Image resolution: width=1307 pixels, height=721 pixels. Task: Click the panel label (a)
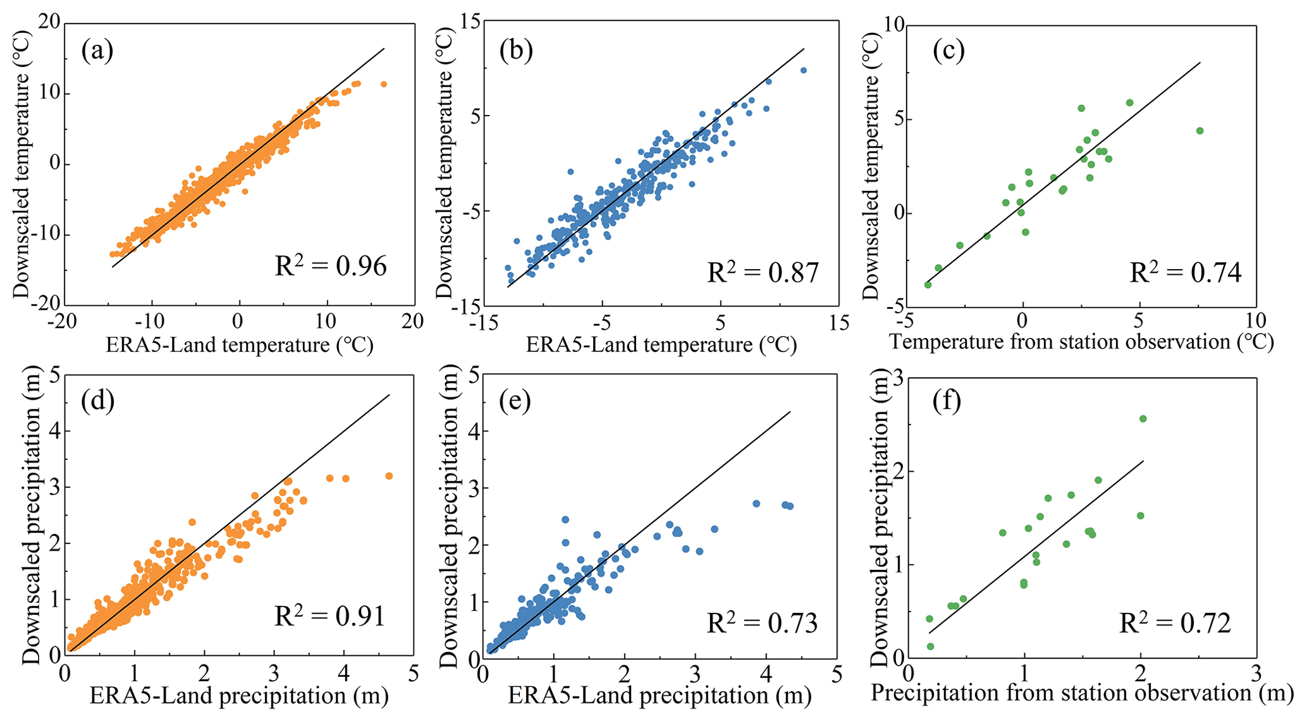tap(97, 51)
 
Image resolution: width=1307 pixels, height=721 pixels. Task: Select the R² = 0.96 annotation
tap(330, 266)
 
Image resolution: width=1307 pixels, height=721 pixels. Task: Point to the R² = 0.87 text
tap(763, 272)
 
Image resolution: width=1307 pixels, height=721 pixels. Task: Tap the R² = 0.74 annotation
tap(1185, 272)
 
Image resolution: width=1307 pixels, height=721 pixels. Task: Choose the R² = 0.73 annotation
tap(762, 623)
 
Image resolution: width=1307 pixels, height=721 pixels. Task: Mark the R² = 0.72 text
tap(1175, 623)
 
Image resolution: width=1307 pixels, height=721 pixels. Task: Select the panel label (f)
tap(947, 401)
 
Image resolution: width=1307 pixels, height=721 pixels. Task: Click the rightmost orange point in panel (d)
tap(389, 476)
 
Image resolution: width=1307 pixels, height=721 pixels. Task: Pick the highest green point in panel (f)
tap(1143, 418)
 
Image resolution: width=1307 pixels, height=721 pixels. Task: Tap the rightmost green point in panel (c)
tap(1200, 131)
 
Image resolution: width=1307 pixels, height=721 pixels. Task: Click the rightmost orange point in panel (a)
tap(383, 84)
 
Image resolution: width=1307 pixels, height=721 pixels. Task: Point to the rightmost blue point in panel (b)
tap(803, 70)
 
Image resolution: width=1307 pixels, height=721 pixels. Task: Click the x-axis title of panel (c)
tap(1081, 342)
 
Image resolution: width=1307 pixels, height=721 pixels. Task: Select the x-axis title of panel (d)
tap(239, 696)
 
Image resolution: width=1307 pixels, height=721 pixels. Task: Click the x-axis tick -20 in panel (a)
tap(62, 322)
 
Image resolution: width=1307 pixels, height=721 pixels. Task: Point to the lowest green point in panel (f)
tap(930, 646)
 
